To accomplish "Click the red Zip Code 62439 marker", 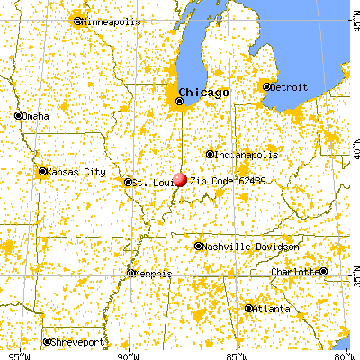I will tap(180, 179).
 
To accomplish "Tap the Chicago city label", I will tap(203, 93).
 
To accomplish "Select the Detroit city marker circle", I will tap(266, 87).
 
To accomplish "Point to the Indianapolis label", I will tap(243, 154).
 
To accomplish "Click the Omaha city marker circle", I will tap(19, 115).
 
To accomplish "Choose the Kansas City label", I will tap(76, 171).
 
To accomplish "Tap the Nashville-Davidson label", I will tap(240, 246).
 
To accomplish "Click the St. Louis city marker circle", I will tap(128, 182).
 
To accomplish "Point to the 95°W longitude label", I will tap(16, 354).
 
